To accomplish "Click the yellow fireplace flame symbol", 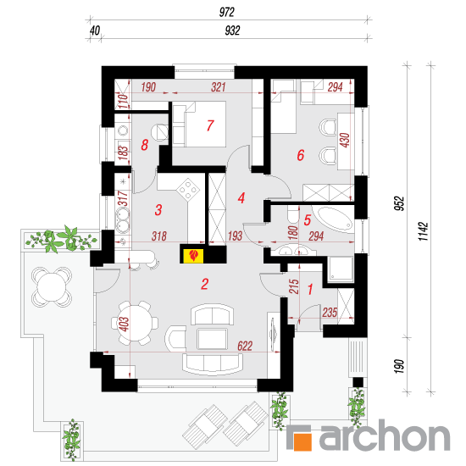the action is coord(194,256).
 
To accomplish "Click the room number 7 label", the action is coord(210,125).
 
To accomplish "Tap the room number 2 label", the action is coord(205,284).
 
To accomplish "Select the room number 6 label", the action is coord(301,155).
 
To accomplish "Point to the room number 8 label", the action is coord(144,145).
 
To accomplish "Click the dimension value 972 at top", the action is coord(227,12).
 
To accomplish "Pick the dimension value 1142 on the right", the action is coord(423,232).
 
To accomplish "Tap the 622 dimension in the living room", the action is coord(245,346).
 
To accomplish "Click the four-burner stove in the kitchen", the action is coord(188,189).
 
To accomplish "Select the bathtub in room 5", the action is coord(335,219).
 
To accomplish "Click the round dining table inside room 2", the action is coord(135,323).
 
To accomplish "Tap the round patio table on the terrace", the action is coord(52,286).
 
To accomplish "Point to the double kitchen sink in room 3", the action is coord(123,220).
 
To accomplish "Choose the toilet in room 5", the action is coord(293,215).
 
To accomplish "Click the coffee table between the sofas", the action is coord(212,339).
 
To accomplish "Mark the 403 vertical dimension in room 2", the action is coord(124,324).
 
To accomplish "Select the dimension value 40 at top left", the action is coord(95,31).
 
